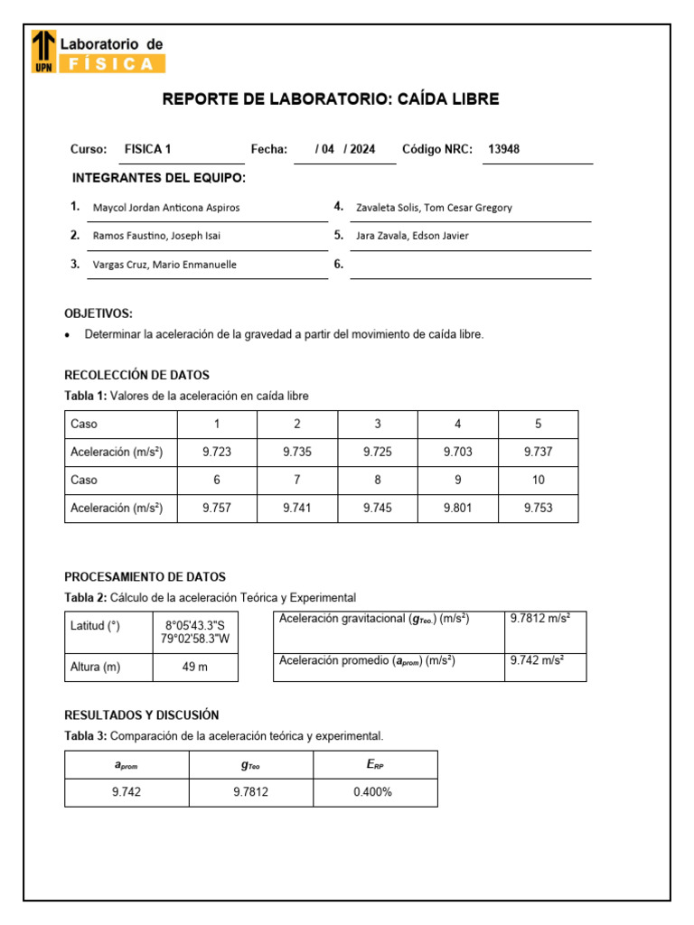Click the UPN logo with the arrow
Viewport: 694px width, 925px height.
(x=42, y=51)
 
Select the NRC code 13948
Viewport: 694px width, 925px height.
(x=503, y=150)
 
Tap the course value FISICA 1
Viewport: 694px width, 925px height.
(x=147, y=150)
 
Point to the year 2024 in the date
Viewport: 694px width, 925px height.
(x=362, y=150)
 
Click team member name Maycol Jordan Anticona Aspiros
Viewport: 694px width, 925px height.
(x=166, y=208)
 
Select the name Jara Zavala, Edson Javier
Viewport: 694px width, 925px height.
(x=413, y=236)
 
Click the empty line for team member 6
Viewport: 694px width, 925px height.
(x=470, y=265)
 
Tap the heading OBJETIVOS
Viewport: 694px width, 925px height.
(x=98, y=313)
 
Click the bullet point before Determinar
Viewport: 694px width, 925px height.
(x=69, y=335)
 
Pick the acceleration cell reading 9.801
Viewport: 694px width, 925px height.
(x=458, y=509)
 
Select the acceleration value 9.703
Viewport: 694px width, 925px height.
(x=458, y=452)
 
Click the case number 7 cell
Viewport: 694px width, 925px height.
(x=297, y=481)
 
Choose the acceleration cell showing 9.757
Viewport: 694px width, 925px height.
(x=217, y=509)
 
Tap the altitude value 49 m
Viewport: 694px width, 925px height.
(x=196, y=668)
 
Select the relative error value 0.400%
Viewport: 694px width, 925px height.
(x=374, y=792)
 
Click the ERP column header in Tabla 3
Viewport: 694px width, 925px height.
(x=374, y=765)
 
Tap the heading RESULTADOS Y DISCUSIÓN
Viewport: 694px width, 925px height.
(x=141, y=715)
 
